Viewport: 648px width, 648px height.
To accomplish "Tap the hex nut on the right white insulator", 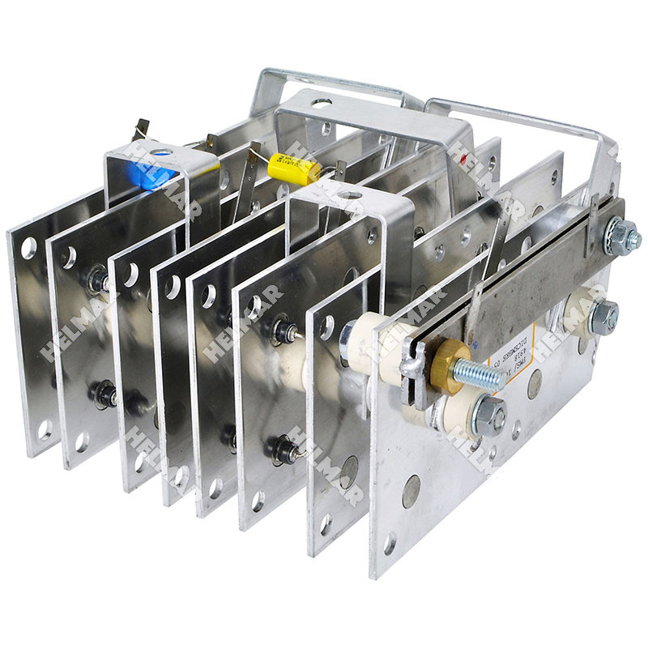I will point(603,317).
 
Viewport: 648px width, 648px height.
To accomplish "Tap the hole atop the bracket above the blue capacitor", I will point(157,151).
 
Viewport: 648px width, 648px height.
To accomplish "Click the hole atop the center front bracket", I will point(350,195).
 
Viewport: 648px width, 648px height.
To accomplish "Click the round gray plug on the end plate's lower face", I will point(411,491).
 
